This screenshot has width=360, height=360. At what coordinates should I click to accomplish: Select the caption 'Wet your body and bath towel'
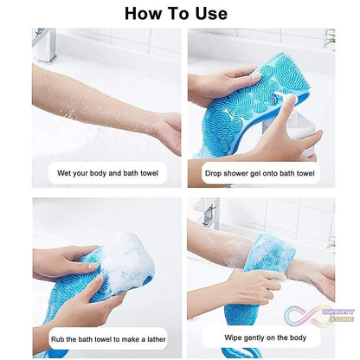[x=107, y=172]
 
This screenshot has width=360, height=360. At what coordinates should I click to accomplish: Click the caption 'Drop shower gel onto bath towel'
[x=260, y=172]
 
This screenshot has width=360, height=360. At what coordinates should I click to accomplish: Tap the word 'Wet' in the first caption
[x=65, y=172]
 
